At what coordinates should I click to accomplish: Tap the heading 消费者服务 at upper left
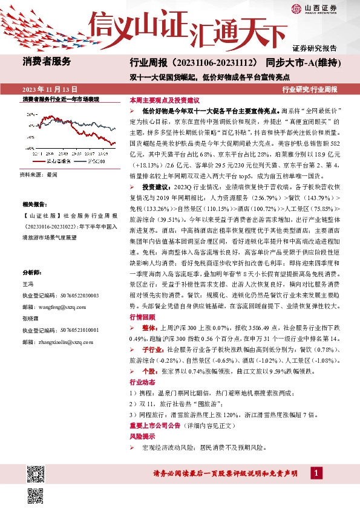pos(47,61)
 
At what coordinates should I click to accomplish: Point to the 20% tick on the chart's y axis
pos(28,113)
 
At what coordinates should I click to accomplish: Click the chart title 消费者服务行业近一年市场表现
pos(61,99)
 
